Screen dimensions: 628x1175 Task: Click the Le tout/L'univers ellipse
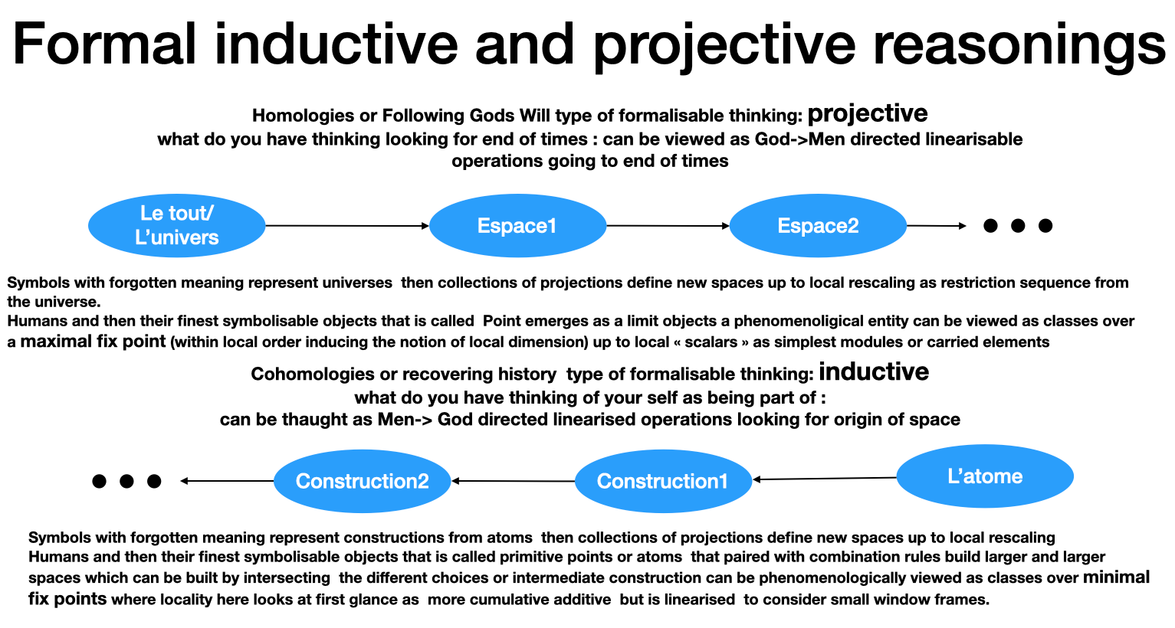176,225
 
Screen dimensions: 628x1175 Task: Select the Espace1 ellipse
517,225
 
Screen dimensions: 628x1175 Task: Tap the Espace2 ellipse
818,225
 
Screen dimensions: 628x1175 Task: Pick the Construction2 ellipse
363,481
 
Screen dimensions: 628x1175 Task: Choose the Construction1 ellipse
663,481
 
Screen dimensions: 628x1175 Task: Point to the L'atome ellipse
985,476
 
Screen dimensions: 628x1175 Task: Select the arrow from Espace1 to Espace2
668,225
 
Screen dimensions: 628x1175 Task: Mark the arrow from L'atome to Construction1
825,479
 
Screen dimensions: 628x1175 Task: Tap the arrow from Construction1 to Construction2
514,481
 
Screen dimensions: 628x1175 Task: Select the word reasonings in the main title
1019,44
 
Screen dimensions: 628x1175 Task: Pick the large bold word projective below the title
868,113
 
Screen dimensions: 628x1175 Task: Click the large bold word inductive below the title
874,372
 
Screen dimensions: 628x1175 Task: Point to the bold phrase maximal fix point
93,342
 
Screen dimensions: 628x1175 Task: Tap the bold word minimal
1116,577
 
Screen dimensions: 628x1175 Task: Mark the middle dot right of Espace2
1018,225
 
